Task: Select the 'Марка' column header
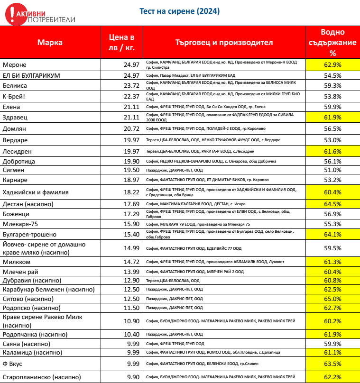[50, 42]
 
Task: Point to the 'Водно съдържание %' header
[332, 42]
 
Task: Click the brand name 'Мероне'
[15, 64]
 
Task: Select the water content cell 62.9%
[332, 64]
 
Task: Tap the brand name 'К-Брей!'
[14, 96]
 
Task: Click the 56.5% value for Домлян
[332, 128]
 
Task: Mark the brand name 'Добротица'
[19, 161]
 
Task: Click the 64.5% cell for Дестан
[332, 204]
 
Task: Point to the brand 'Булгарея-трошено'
[29, 234]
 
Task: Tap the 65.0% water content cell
[332, 299]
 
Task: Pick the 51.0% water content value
[332, 170]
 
